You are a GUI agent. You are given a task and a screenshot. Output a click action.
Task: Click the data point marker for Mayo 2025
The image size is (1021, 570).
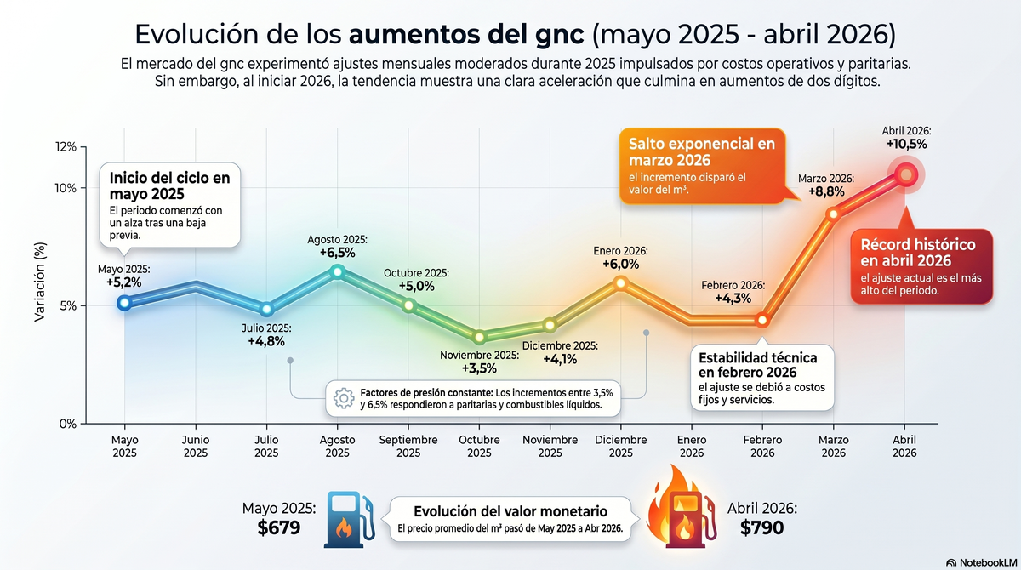(x=125, y=302)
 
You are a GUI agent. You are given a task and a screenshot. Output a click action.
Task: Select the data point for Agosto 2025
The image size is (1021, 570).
(x=338, y=271)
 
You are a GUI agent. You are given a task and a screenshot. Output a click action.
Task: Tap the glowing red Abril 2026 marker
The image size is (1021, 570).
(x=906, y=174)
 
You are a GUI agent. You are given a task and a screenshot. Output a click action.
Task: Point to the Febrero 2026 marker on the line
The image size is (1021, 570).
(x=762, y=321)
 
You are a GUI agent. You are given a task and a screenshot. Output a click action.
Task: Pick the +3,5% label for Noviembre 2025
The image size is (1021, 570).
(x=479, y=368)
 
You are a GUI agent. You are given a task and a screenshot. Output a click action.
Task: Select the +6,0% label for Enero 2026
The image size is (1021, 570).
(x=620, y=265)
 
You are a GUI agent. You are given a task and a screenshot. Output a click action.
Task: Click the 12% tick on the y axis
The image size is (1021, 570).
(x=66, y=147)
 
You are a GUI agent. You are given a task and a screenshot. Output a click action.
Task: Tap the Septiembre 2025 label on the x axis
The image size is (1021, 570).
(x=408, y=447)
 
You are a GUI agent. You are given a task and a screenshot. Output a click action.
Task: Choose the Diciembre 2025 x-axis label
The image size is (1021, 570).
(x=620, y=447)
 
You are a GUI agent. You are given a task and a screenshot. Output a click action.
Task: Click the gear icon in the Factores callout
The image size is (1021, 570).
(x=344, y=397)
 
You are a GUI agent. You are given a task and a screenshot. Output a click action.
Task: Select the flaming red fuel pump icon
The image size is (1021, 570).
(x=681, y=514)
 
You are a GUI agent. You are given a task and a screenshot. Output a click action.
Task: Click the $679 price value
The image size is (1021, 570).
(x=279, y=527)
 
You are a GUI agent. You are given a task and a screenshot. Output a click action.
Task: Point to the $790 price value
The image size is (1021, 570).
(x=761, y=527)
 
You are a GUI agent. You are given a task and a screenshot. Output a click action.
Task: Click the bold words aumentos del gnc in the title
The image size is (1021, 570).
(x=466, y=35)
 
